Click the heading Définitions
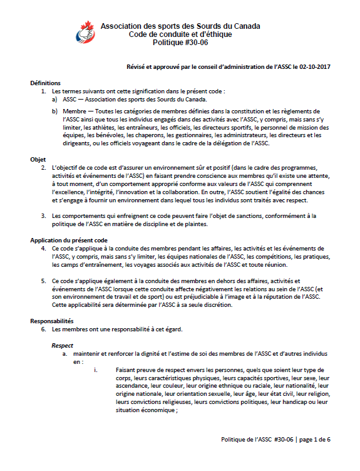pyautogui.click(x=46, y=83)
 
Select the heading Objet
pyautogui.click(x=38, y=160)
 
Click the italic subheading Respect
pyautogui.click(x=62, y=345)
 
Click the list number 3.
pyautogui.click(x=44, y=216)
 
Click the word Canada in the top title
pyautogui.click(x=247, y=26)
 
